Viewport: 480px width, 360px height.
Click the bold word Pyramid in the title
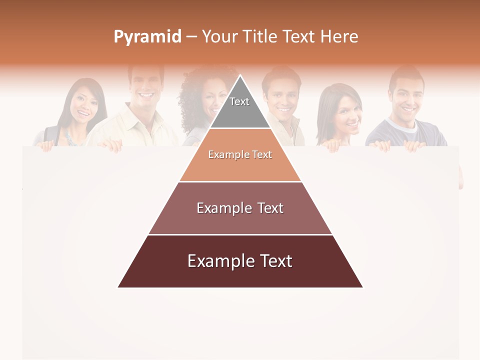(147, 37)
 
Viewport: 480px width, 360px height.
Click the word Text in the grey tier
(239, 101)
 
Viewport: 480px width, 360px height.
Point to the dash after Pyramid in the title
(191, 37)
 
